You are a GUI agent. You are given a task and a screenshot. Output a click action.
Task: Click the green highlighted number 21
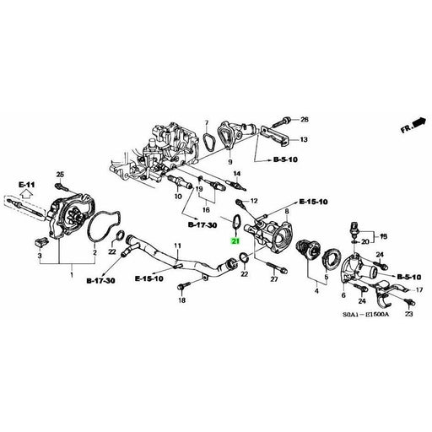coord(236,241)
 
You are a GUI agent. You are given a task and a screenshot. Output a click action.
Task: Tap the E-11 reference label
coord(25,184)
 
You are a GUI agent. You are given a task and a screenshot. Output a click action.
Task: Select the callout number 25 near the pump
coord(61,175)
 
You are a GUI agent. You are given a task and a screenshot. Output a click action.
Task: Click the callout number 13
coord(305,139)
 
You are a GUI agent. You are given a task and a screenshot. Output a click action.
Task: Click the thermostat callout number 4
coord(316,290)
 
